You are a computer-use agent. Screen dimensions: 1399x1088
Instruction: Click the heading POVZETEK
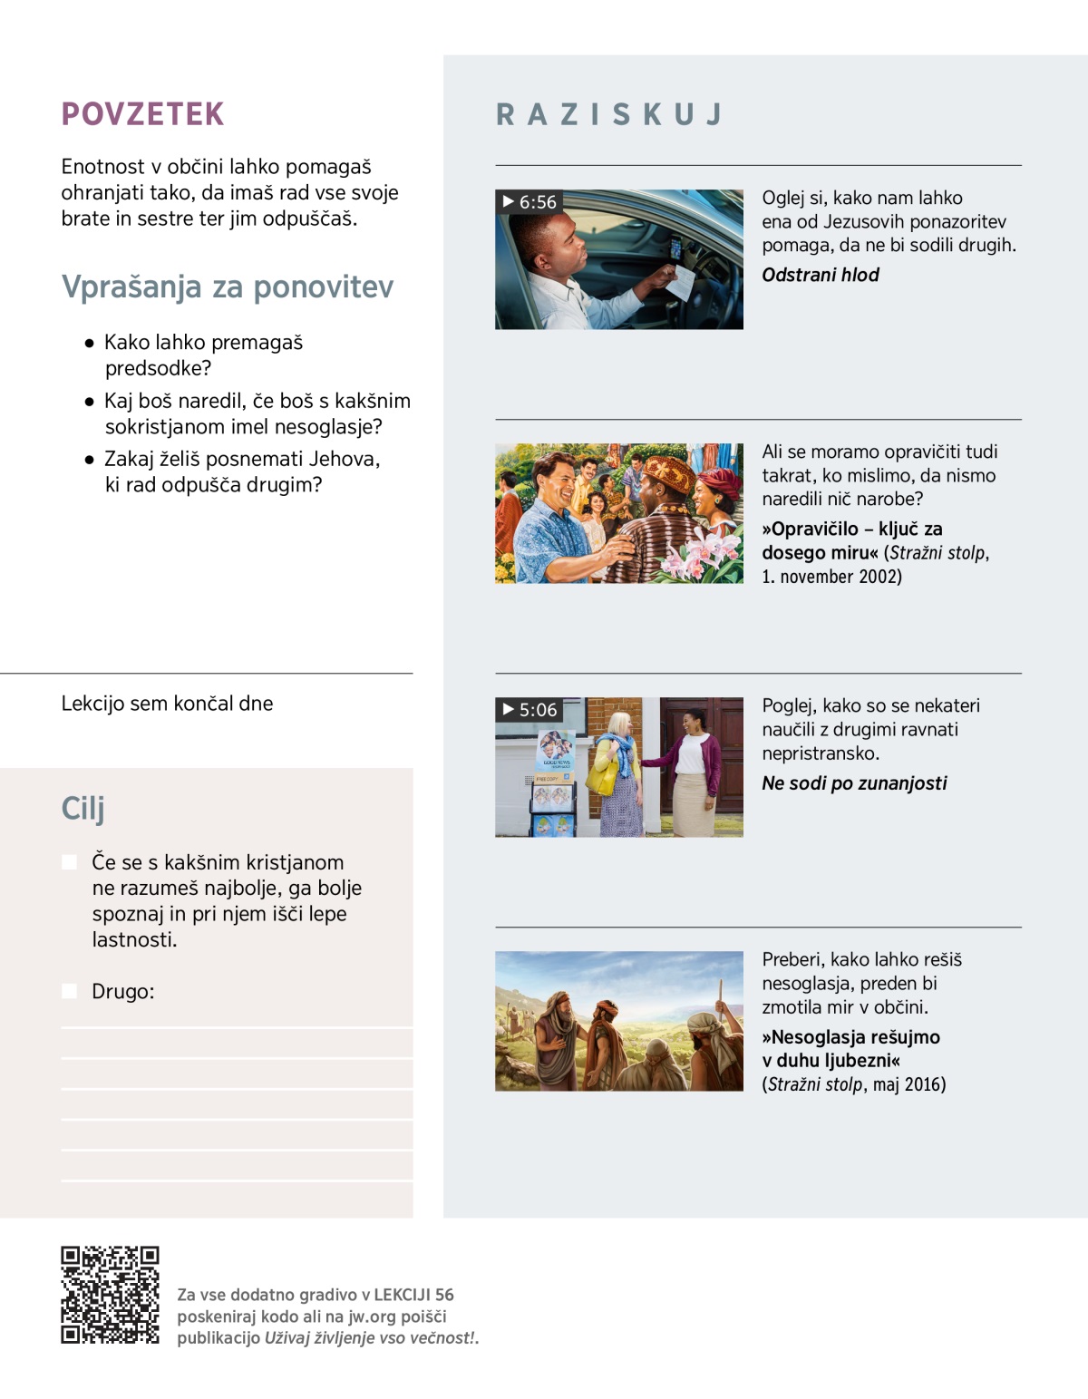pos(142,114)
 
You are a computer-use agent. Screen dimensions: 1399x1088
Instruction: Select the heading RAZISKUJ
pos(609,114)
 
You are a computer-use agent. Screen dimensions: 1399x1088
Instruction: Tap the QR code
pos(110,1295)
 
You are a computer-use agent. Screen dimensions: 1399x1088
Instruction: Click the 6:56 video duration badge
pos(529,201)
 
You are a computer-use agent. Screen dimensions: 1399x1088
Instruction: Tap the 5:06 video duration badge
pos(529,709)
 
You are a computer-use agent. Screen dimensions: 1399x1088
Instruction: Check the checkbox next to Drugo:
pos(69,991)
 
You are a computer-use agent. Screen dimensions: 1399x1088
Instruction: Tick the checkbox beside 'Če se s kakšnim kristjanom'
pos(69,862)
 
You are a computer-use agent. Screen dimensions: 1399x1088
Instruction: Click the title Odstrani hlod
pos(820,275)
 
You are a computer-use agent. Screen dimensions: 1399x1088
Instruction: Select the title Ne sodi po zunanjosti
pos(854,782)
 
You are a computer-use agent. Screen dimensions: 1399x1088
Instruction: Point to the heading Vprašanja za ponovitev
pos(228,287)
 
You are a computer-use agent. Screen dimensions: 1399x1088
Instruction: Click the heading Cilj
pos(83,808)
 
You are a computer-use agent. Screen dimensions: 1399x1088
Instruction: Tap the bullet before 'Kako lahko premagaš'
pos(89,344)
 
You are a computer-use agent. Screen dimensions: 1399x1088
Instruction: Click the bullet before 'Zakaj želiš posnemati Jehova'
pos(89,460)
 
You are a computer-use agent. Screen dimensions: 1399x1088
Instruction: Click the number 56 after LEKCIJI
pos(444,1295)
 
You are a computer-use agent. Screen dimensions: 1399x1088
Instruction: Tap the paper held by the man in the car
pos(680,282)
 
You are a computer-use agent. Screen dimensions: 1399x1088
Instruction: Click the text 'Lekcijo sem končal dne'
pos(167,704)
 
